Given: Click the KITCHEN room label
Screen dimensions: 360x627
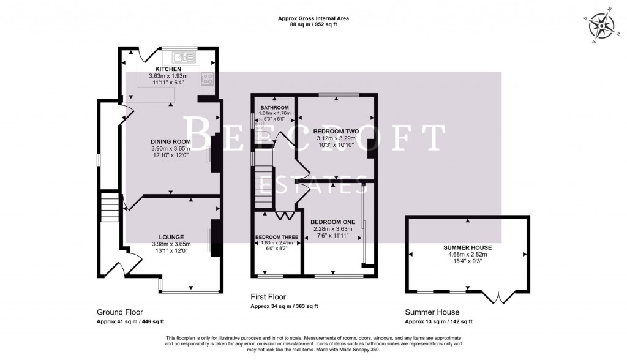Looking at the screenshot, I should (x=168, y=69).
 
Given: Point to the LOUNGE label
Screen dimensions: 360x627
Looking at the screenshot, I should (x=168, y=238).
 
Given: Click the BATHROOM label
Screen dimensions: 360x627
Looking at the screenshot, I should (x=274, y=108).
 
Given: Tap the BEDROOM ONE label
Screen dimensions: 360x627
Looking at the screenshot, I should (x=332, y=222).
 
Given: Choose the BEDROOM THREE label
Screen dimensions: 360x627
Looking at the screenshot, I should (x=277, y=236).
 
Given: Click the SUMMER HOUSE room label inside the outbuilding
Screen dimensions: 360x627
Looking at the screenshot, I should (x=468, y=247).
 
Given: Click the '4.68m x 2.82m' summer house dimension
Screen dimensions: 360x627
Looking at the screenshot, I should (x=468, y=254).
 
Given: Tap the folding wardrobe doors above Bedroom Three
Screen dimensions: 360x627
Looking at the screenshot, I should (x=284, y=216).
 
